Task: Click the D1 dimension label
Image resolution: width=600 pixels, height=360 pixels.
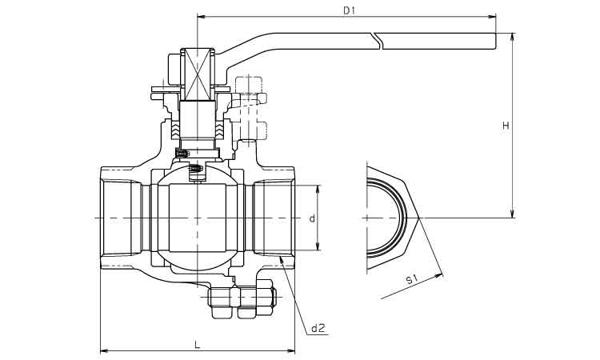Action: click(349, 10)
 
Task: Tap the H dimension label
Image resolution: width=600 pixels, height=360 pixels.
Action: click(506, 126)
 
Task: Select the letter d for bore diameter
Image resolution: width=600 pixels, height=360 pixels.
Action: click(312, 218)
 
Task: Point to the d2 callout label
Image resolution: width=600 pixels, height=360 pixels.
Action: click(318, 328)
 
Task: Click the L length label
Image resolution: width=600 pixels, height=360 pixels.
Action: click(197, 345)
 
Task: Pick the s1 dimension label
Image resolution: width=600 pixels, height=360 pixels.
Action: click(411, 279)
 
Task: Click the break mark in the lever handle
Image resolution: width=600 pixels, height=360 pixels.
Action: click(378, 41)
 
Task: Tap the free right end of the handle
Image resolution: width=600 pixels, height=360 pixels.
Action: click(495, 41)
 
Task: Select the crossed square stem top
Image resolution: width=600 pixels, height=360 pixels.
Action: click(197, 74)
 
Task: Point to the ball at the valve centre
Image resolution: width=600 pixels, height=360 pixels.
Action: click(197, 218)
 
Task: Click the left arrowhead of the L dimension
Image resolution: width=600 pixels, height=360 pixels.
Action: click(103, 350)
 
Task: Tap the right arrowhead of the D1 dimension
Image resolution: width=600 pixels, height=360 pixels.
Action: click(493, 17)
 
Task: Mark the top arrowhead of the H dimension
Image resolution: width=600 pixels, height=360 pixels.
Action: click(513, 36)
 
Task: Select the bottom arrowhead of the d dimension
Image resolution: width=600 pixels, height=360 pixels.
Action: click(318, 247)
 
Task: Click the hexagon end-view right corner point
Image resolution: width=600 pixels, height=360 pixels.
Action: click(419, 218)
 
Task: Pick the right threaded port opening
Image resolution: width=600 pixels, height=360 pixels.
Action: click(274, 218)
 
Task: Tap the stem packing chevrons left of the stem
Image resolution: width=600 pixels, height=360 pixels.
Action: click(175, 130)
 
